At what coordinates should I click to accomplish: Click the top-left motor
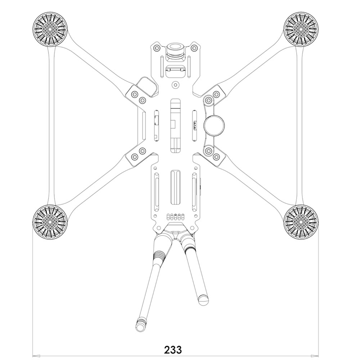(x=50, y=27)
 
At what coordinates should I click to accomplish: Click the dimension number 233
(x=173, y=349)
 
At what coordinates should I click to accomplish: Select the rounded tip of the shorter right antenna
(x=203, y=298)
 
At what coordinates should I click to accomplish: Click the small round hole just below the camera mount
(x=175, y=85)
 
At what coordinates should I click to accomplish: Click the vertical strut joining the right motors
(x=300, y=124)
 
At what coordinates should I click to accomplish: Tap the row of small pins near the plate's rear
(x=175, y=216)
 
